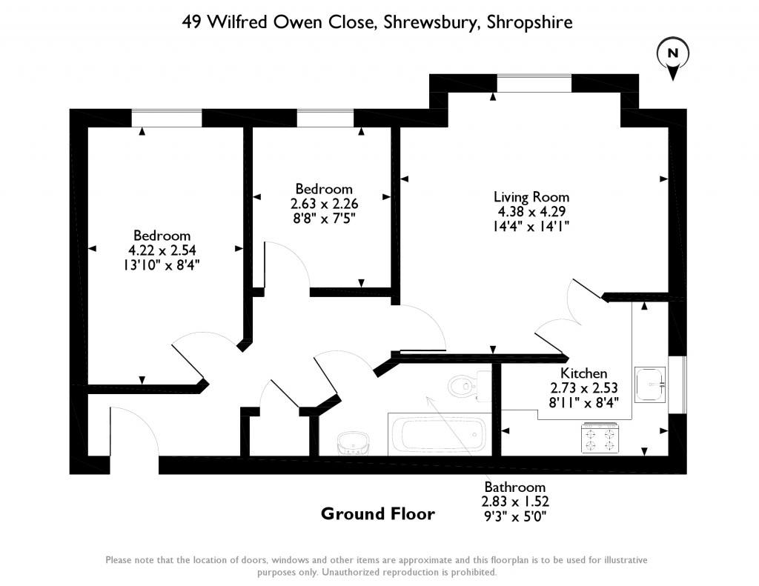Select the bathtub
(x=437, y=434)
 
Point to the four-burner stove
(x=600, y=437)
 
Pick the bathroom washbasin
(x=353, y=444)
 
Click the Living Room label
(x=531, y=197)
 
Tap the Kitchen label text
(x=583, y=373)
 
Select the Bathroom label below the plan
(x=514, y=487)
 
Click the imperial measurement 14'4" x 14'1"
(x=531, y=225)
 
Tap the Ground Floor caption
(x=377, y=513)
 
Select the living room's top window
(x=534, y=83)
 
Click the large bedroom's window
(x=167, y=118)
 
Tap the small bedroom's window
(x=325, y=118)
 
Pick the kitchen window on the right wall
(x=677, y=384)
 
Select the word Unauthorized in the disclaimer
(x=354, y=572)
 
